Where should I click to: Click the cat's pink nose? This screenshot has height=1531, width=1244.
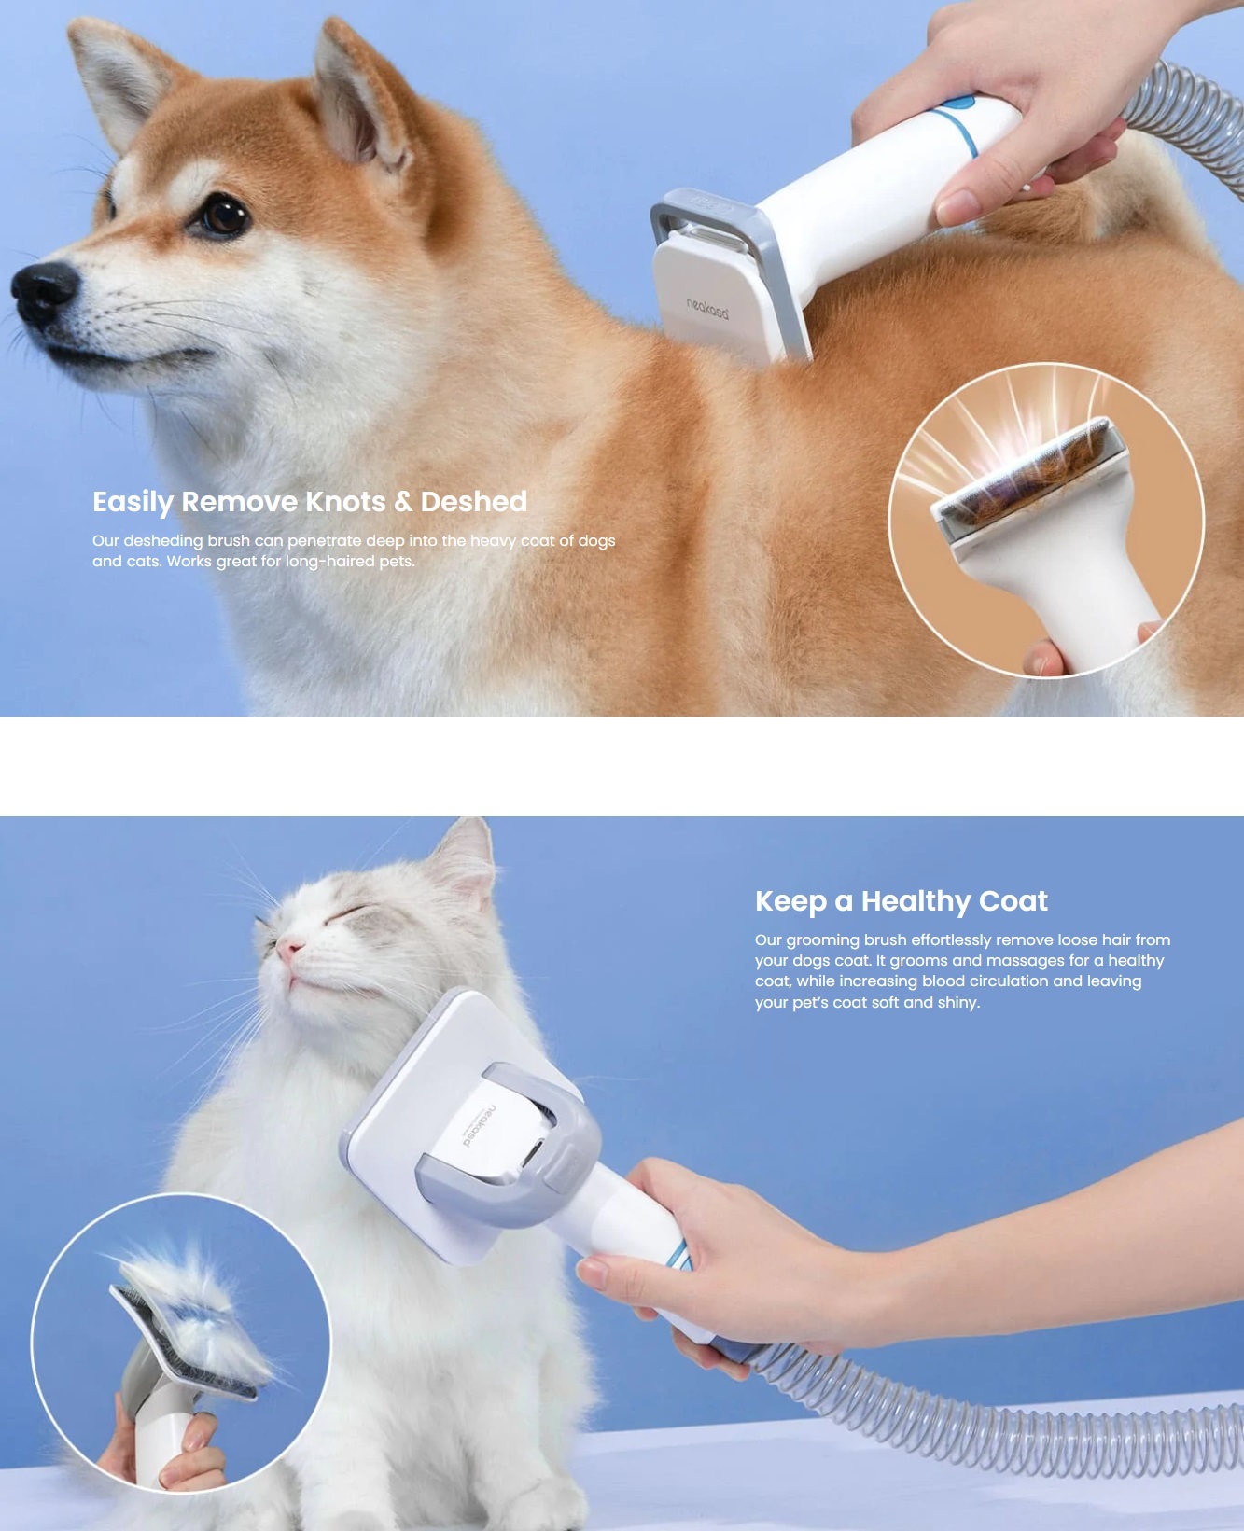[x=289, y=951]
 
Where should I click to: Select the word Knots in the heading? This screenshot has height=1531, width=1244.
[x=344, y=502]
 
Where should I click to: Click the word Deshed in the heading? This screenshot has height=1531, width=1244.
[x=474, y=502]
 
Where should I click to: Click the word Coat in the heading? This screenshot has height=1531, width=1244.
[x=1013, y=901]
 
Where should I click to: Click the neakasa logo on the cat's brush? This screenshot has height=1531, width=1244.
[x=479, y=1126]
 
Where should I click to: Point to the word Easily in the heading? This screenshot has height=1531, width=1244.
[x=133, y=503]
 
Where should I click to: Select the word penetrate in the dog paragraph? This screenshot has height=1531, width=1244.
[x=324, y=541]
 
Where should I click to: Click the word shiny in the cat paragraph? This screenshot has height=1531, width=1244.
[x=958, y=1003]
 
